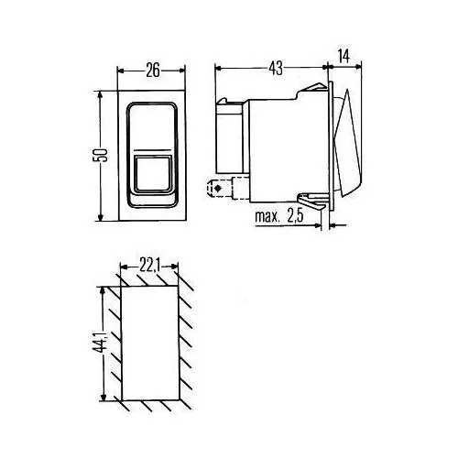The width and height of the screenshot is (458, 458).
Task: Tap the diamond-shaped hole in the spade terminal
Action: [x=217, y=191]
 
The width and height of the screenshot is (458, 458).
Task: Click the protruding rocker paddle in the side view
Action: [x=348, y=151]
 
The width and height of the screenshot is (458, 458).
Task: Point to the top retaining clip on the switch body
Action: [x=316, y=87]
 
